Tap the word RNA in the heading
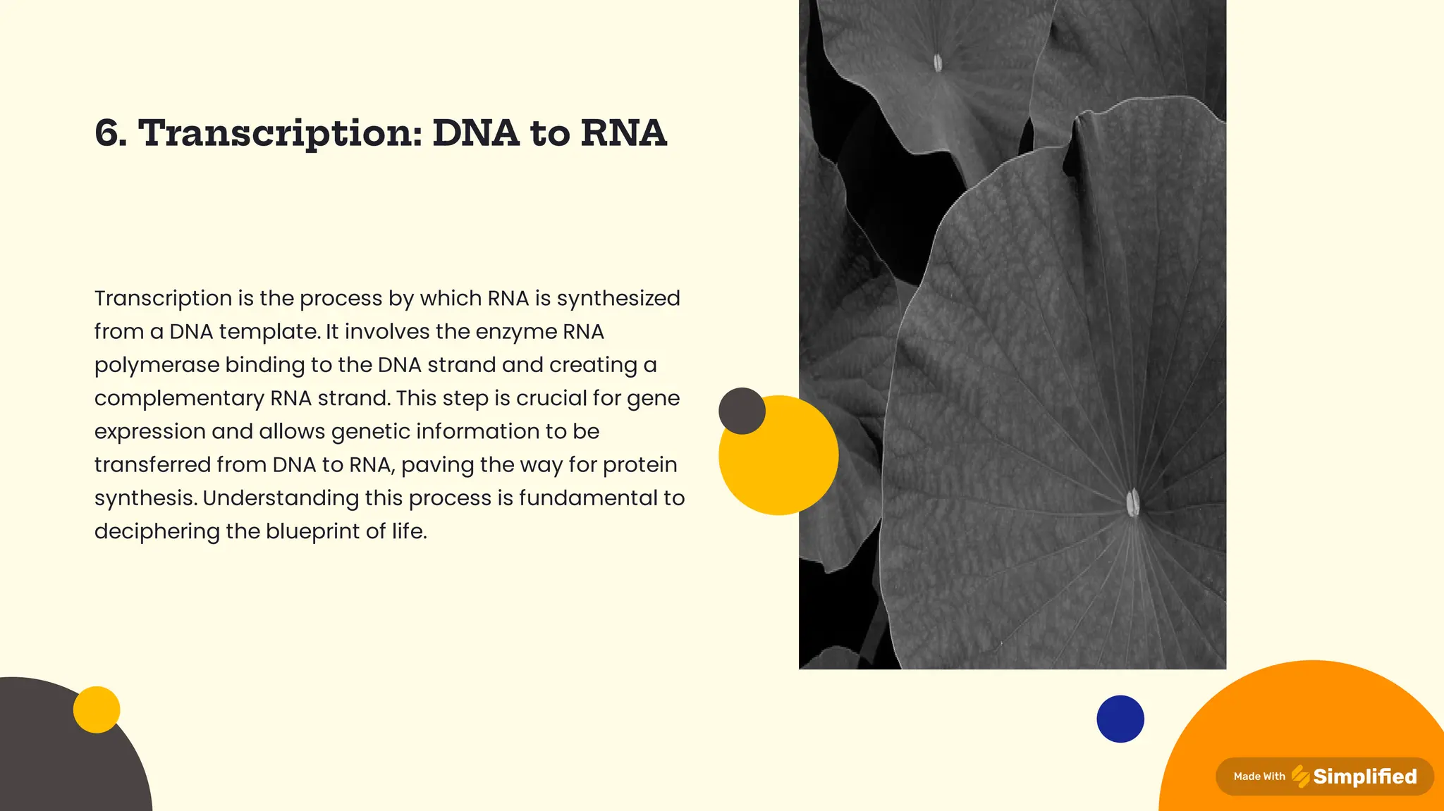point(623,133)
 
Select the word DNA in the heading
point(475,133)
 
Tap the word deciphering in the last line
point(157,531)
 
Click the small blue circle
point(1120,719)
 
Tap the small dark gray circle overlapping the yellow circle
point(742,411)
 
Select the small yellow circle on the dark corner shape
point(97,710)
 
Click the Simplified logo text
point(1364,776)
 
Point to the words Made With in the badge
point(1259,776)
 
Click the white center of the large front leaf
point(1132,502)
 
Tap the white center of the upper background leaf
point(938,63)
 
